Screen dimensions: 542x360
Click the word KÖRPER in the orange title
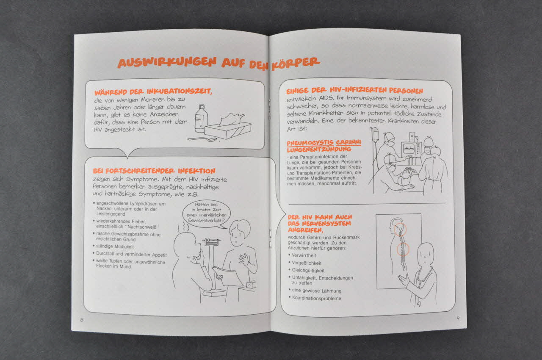pyautogui.click(x=296, y=64)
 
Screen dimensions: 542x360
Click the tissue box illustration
pyautogui.click(x=228, y=126)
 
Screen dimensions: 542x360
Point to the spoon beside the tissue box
pyautogui.click(x=202, y=139)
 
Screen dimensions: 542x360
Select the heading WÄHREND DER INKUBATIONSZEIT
pyautogui.click(x=153, y=91)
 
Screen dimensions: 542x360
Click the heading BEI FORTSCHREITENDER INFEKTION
pyautogui.click(x=154, y=171)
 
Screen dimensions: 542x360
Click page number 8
pyautogui.click(x=82, y=320)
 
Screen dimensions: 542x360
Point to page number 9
pyautogui.click(x=458, y=318)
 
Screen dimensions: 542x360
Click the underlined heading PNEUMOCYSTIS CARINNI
pyautogui.click(x=324, y=142)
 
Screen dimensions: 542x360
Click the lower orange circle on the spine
pyautogui.click(x=403, y=249)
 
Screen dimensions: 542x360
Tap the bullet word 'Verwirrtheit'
pyautogui.click(x=304, y=255)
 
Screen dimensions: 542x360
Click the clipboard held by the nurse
pyautogui.click(x=228, y=277)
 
